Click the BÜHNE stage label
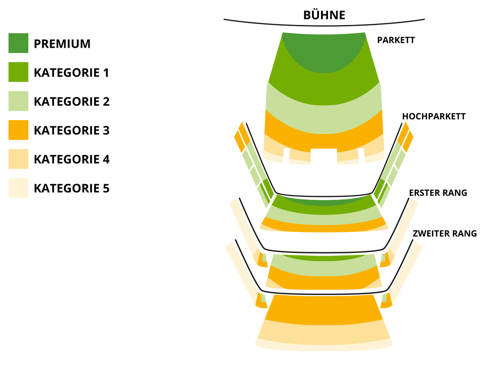[324, 15]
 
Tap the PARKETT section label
[396, 40]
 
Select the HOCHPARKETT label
[433, 116]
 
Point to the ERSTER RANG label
[438, 193]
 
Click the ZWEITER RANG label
[444, 234]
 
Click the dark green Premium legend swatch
[18, 43]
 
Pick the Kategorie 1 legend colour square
[18, 72]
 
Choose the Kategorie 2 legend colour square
[18, 101]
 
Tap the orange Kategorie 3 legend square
[18, 130]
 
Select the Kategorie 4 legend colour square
[18, 159]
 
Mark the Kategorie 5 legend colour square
[18, 188]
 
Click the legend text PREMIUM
[62, 44]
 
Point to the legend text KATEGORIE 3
[72, 130]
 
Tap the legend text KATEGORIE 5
[72, 188]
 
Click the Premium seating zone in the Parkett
[324, 52]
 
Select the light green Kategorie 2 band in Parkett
[324, 119]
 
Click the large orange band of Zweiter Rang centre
[324, 309]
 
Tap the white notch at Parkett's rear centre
[324, 156]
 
